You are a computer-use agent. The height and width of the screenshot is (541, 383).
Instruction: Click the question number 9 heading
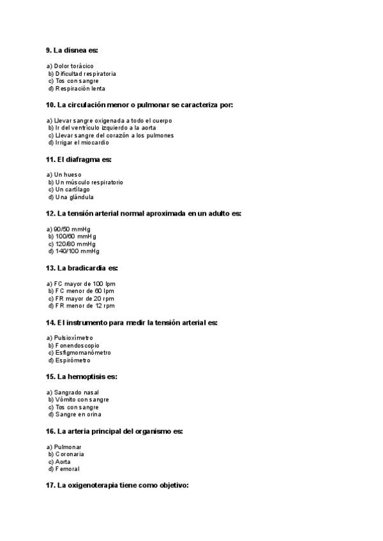click(x=71, y=50)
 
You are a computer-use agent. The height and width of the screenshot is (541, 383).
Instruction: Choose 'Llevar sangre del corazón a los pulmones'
click(x=114, y=135)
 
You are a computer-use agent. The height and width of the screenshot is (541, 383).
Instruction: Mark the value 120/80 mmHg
click(x=75, y=244)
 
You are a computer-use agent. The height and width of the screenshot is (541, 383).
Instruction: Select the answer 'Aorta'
click(x=63, y=461)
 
